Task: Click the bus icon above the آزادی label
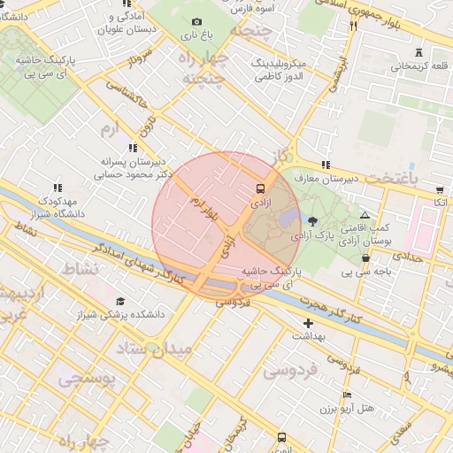[x=260, y=188]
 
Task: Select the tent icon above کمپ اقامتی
[x=365, y=215]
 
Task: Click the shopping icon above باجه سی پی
[x=365, y=258]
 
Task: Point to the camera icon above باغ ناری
[x=196, y=22]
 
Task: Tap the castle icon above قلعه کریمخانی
[x=418, y=52]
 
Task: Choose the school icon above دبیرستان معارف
[x=326, y=165]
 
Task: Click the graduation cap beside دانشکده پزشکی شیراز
[x=120, y=303]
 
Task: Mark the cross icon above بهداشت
[x=308, y=323]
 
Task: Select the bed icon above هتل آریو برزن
[x=348, y=395]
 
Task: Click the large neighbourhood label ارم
[x=109, y=130]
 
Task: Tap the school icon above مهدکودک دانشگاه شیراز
[x=58, y=188]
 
